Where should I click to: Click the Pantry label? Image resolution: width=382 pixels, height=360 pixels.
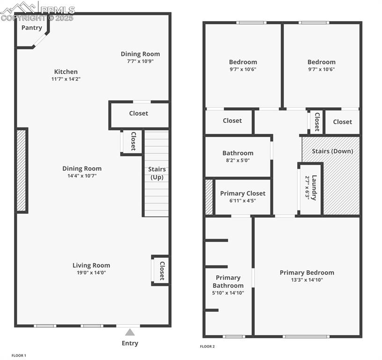[32, 28]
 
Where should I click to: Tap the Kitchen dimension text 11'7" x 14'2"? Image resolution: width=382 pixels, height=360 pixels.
[66, 79]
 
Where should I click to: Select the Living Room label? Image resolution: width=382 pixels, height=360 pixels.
[91, 265]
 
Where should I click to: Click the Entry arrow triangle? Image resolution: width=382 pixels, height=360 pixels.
[130, 332]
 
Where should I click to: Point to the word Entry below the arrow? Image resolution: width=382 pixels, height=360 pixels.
[130, 343]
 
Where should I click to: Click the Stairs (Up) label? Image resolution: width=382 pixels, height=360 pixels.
[157, 173]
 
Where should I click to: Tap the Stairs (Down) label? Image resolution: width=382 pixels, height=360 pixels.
[332, 151]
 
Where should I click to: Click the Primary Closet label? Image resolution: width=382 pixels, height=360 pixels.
[242, 193]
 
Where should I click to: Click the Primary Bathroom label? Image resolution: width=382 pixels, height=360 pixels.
[228, 282]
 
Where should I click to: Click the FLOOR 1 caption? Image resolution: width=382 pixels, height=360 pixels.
[19, 356]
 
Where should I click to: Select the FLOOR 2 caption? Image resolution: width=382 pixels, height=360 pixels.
[207, 347]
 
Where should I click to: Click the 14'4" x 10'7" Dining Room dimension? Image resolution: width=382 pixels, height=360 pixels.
[82, 176]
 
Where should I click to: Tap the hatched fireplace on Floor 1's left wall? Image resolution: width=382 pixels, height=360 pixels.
[22, 170]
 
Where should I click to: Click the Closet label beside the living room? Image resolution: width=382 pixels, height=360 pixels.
[162, 270]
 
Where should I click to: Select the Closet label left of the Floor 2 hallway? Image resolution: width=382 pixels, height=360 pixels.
[232, 120]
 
